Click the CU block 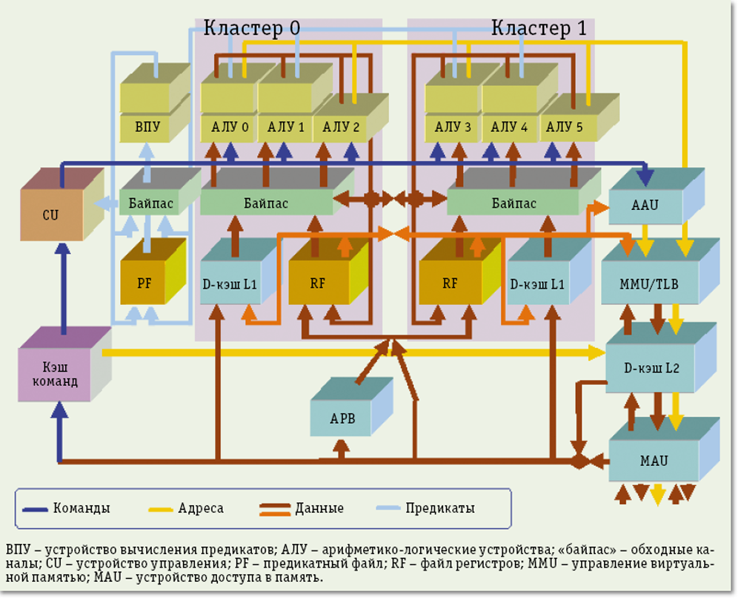(x=50, y=215)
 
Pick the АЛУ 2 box (x=341, y=127)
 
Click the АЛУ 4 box (x=509, y=127)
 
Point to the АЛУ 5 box (x=565, y=127)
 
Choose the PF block (x=144, y=283)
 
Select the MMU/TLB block (x=649, y=283)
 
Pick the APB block (x=342, y=418)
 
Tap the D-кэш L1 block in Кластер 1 (x=538, y=283)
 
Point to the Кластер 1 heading (x=539, y=28)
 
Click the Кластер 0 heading (x=252, y=28)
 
